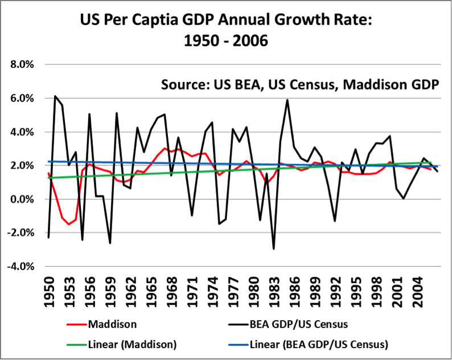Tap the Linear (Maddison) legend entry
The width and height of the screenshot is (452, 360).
click(x=126, y=344)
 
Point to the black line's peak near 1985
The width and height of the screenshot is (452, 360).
click(x=287, y=100)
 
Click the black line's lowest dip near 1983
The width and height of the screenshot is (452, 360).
click(x=274, y=248)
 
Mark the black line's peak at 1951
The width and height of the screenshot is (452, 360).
click(x=55, y=96)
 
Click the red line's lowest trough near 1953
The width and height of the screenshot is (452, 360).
click(x=69, y=224)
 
